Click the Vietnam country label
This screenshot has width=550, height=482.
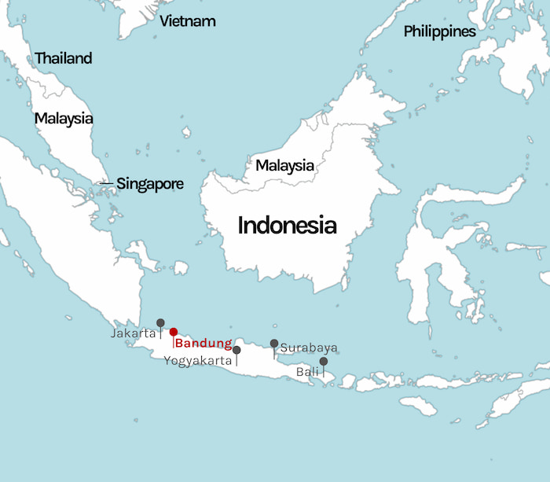click(187, 21)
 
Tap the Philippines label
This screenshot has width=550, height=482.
click(439, 31)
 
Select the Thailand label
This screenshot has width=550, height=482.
click(63, 58)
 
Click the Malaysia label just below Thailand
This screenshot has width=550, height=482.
click(63, 119)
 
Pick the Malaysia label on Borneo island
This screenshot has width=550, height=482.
click(284, 166)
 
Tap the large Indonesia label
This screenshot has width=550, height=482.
click(287, 226)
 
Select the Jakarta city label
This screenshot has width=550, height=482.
click(133, 333)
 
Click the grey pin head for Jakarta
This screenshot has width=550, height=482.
click(160, 322)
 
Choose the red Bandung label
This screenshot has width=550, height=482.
click(203, 344)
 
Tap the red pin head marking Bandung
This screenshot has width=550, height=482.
click(174, 332)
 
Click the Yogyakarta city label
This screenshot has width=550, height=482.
click(198, 361)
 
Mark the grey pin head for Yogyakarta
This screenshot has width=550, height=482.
click(236, 350)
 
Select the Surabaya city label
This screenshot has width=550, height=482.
click(309, 348)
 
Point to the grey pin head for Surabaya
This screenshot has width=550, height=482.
click(274, 344)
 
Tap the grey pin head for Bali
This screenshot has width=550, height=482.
click(324, 362)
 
